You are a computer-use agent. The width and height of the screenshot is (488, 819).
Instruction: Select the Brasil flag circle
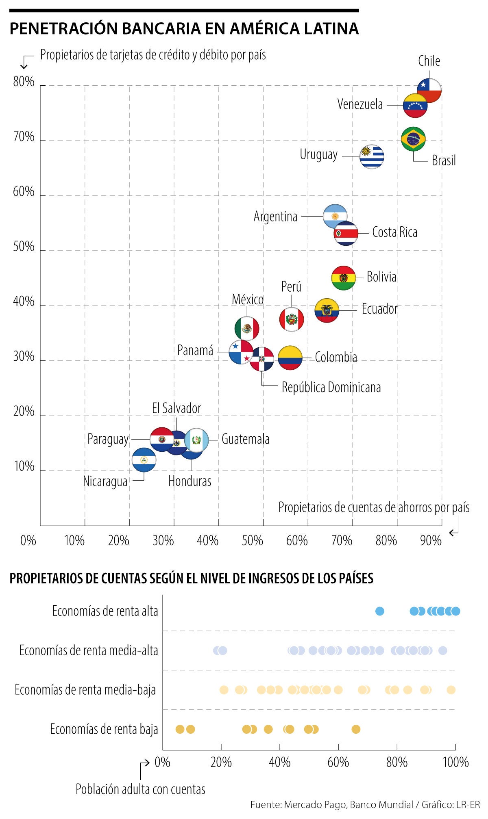[413, 139]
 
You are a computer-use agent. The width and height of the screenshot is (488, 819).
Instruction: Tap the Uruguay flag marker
[372, 156]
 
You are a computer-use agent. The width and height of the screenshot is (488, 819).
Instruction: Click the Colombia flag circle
[290, 358]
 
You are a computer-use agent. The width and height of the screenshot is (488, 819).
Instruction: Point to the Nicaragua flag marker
[144, 459]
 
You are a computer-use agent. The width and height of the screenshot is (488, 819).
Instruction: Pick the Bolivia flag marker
[344, 278]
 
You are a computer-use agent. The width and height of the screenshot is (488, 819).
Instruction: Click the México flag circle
[247, 328]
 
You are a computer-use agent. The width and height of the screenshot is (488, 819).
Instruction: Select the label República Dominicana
[331, 387]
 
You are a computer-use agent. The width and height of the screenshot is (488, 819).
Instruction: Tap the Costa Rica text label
[394, 232]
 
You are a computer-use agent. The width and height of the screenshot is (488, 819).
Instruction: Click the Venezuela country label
[360, 104]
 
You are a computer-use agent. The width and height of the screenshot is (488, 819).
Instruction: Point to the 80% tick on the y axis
[24, 82]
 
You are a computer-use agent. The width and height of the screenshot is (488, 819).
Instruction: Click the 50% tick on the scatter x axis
[252, 540]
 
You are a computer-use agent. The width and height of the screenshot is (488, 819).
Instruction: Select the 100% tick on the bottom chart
[455, 762]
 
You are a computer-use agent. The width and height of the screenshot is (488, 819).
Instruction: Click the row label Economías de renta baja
[104, 729]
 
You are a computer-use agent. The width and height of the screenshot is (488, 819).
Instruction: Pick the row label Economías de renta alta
[105, 611]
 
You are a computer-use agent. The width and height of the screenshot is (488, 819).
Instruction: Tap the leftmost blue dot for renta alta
[379, 611]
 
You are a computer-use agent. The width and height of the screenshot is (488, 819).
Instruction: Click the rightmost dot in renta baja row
[356, 729]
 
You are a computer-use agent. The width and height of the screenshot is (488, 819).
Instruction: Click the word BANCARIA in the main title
[161, 29]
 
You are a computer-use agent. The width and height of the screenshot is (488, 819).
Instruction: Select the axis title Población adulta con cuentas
[140, 789]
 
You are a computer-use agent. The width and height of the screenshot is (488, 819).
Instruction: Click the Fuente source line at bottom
[365, 804]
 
